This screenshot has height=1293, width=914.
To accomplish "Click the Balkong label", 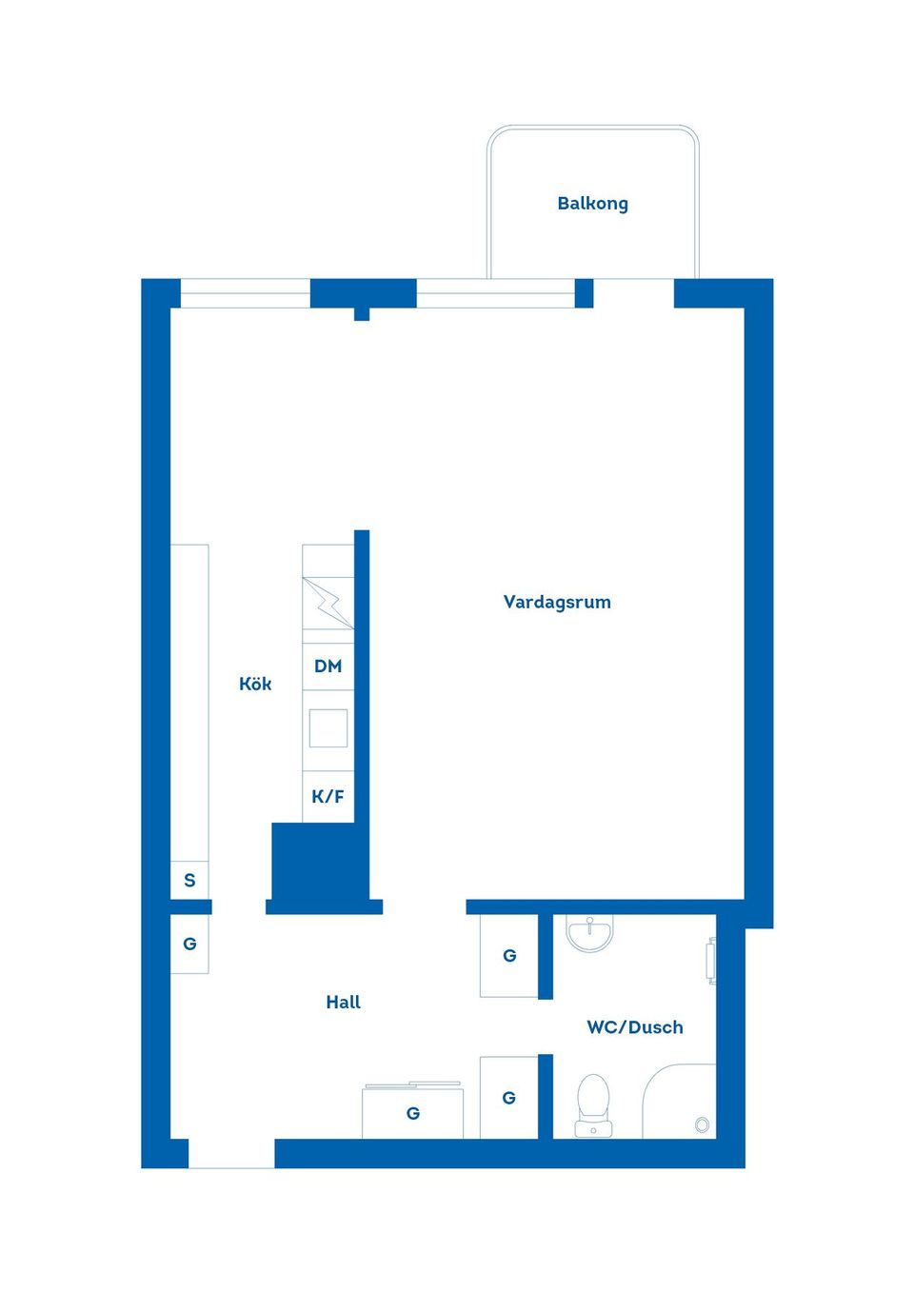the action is coord(592,204).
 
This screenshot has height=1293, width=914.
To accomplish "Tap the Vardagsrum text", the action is coord(557,603).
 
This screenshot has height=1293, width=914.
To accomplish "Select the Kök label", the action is coord(255,684).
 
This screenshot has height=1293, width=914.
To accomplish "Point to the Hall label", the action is coord(344,1002).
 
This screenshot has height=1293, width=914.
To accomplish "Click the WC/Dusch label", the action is coord(635,1027).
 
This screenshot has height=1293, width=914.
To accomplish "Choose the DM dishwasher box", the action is coord(328,666).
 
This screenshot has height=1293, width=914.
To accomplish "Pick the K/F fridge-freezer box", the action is coord(328,797).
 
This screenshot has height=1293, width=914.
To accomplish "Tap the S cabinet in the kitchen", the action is coord(189,881).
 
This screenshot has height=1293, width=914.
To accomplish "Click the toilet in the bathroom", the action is coord(593,1104).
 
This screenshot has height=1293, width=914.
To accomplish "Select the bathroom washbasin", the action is coord(589,931).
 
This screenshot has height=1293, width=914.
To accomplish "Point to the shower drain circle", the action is coord(702,1124).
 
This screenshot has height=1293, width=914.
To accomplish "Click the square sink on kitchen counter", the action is coord(328,728).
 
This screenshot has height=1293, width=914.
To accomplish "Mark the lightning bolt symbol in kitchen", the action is coord(328,604).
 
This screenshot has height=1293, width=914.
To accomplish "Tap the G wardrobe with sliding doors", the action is coord(412,1112).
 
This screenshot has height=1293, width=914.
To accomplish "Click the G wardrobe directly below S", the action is coord(189,945).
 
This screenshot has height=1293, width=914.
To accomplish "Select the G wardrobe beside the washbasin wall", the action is coord(509,956).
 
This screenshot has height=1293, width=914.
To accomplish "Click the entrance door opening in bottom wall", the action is coord(231,1153).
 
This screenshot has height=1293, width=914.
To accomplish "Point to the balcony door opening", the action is coord(633,293).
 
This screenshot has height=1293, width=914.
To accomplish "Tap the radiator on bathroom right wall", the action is coord(712,961).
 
